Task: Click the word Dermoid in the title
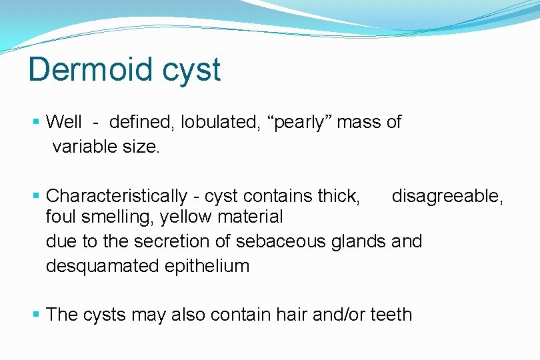click(x=83, y=69)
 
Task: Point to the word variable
click(x=79, y=146)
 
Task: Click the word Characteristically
click(x=117, y=196)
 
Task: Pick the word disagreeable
click(x=447, y=196)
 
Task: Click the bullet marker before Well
click(x=37, y=123)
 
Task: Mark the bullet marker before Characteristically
click(x=37, y=196)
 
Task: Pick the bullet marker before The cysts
click(x=37, y=314)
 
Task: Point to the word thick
click(x=339, y=196)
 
